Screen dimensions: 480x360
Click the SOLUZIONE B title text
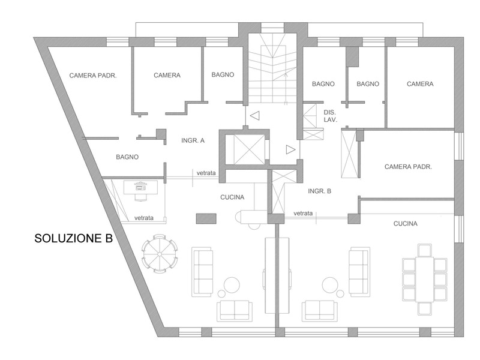point(73,238)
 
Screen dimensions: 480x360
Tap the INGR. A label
point(193,140)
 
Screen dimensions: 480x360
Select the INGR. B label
point(320,191)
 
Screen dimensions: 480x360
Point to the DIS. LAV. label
point(330,116)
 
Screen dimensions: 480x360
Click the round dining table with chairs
point(160,254)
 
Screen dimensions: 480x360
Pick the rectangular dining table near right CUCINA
point(425,279)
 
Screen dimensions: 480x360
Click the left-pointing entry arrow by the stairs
point(254,115)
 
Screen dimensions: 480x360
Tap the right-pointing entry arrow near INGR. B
point(290,149)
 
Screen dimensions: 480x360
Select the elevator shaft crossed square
point(248,149)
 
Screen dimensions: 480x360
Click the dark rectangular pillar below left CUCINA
point(206,218)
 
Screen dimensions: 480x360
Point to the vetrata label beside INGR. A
point(206,173)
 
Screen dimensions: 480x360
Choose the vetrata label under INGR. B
point(303,214)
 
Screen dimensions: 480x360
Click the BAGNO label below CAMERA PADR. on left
point(127,157)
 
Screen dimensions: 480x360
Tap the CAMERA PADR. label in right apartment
point(408,167)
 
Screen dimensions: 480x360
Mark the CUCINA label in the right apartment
point(406,224)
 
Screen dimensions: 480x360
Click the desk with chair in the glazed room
point(141,190)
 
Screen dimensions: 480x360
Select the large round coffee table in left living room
point(232,285)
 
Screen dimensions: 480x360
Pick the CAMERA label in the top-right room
point(420,84)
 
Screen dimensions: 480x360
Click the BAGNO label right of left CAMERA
point(223,74)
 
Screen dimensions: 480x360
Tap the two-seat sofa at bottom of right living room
point(320,311)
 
